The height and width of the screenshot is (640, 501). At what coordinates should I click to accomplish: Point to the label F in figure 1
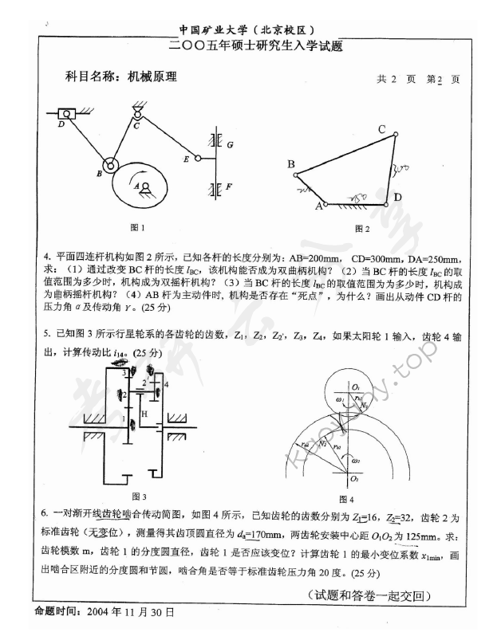point(229,187)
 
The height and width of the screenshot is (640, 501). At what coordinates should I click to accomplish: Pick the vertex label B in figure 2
point(291,165)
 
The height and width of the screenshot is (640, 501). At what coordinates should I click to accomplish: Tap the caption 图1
point(137,228)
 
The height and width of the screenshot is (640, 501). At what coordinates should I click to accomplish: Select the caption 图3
point(138,495)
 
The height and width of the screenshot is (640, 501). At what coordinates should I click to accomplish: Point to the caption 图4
point(345,499)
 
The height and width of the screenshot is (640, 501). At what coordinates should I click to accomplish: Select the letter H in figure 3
point(144,415)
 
